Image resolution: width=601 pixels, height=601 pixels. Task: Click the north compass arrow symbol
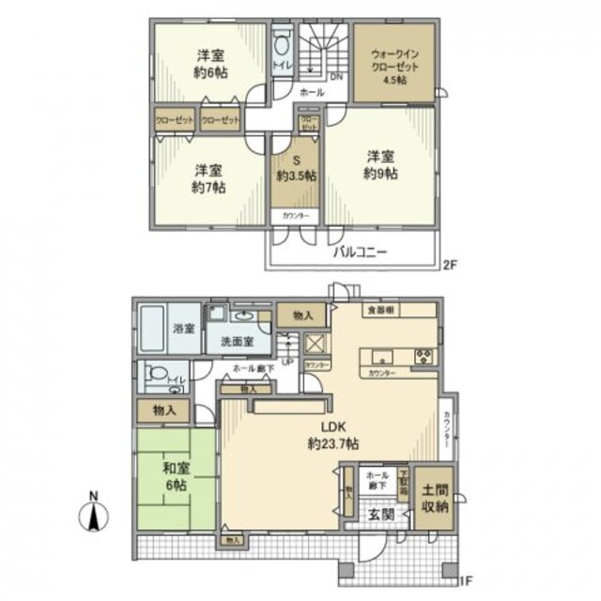tap(97, 516)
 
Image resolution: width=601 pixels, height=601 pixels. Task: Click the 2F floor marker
tap(451, 266)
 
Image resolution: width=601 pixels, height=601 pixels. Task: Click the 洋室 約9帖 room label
tap(381, 165)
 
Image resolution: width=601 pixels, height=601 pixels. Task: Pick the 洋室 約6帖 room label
tap(211, 61)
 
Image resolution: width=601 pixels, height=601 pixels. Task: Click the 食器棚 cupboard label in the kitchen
tap(378, 310)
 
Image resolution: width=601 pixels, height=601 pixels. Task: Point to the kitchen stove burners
tap(424, 357)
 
